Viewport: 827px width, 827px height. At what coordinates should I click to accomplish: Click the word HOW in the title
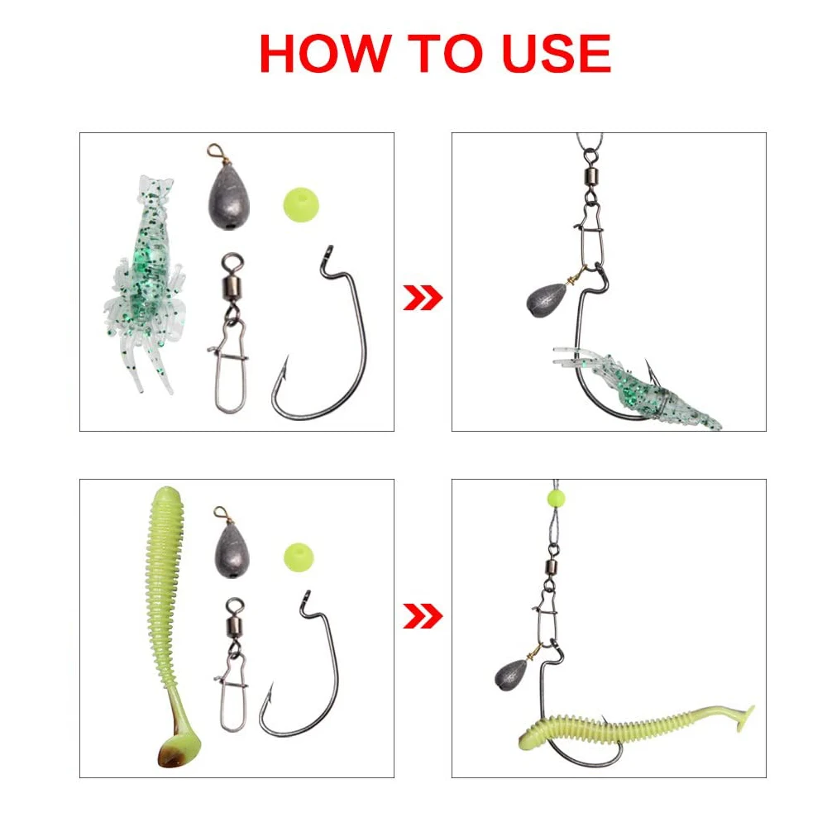325,53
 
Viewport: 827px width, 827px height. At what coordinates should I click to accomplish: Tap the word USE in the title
557,53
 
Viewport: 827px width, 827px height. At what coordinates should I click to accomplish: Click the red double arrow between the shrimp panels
423,298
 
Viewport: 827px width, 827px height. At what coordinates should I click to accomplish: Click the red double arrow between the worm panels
423,616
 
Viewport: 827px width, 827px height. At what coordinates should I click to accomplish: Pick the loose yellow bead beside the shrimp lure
301,204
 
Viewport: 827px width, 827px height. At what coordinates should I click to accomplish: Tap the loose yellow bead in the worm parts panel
299,557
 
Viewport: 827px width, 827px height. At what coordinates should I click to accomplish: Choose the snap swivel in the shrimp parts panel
230,333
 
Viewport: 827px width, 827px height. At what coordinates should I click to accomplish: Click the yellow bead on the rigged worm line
556,498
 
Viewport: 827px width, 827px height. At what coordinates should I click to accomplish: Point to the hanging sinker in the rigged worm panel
511,675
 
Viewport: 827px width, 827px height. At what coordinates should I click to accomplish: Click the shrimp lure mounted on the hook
638,388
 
